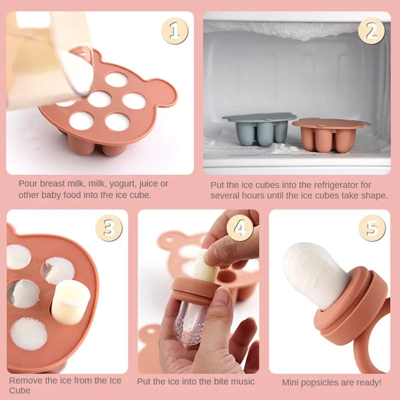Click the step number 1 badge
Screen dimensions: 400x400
click(x=174, y=30)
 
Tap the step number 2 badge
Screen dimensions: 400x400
click(x=371, y=30)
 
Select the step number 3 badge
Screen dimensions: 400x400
click(x=109, y=228)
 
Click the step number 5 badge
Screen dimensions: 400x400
click(x=372, y=228)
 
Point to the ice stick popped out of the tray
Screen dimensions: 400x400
click(x=70, y=301)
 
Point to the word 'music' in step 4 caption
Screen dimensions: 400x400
click(x=242, y=381)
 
